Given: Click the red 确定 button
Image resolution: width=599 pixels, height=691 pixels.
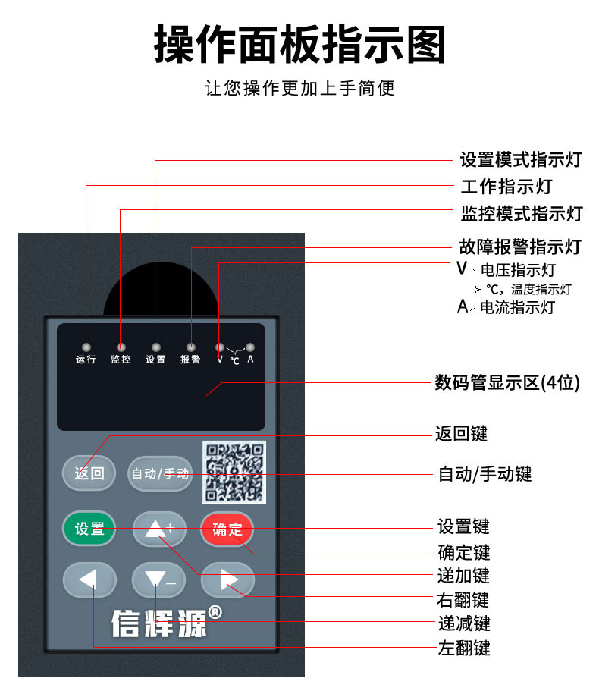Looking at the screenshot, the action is pyautogui.click(x=227, y=529).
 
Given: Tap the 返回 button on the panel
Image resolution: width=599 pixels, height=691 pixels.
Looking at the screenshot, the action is pyautogui.click(x=89, y=473).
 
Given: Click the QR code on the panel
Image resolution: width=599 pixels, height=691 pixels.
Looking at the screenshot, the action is pyautogui.click(x=234, y=473).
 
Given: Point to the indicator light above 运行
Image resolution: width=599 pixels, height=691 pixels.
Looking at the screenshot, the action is pyautogui.click(x=86, y=347).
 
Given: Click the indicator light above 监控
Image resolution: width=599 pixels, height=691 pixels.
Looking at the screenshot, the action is pyautogui.click(x=121, y=347).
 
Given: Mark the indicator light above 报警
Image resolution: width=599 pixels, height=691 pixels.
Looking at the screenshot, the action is pyautogui.click(x=191, y=347).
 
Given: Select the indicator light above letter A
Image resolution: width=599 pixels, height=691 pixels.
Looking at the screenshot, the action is pyautogui.click(x=250, y=347).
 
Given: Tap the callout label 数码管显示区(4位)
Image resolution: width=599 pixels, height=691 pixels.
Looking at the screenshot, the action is pyautogui.click(x=507, y=382).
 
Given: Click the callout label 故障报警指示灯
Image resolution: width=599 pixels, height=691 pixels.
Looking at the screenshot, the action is pyautogui.click(x=520, y=247).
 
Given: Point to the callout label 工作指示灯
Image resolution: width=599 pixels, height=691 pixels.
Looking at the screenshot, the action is pyautogui.click(x=506, y=187).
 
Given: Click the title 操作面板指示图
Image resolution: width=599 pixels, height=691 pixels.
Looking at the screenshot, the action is pyautogui.click(x=299, y=44).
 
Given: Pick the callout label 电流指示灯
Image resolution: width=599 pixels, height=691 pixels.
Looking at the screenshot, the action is pyautogui.click(x=517, y=307).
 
